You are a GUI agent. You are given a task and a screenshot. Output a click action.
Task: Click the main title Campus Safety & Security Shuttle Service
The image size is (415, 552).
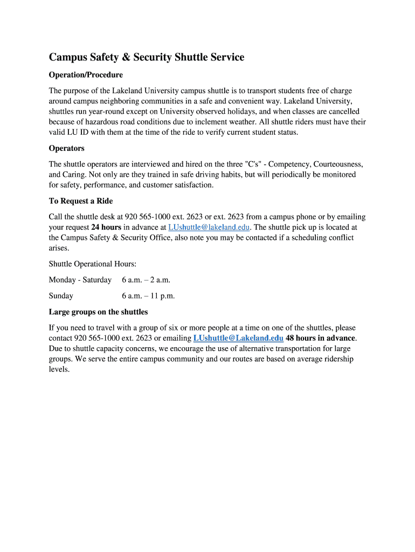tap(147, 57)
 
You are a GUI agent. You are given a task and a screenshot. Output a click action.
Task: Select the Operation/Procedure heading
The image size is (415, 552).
tap(86, 75)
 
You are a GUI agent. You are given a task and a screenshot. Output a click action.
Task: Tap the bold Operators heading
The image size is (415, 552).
tap(67, 148)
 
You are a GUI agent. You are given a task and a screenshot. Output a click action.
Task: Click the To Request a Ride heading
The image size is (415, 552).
tap(81, 201)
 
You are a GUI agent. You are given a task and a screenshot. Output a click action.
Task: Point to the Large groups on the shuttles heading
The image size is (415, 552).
tap(98, 312)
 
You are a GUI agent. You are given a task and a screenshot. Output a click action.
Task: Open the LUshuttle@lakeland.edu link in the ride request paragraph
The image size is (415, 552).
tap(209, 227)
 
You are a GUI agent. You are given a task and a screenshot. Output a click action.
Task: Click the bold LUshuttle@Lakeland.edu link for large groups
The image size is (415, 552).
tap(238, 338)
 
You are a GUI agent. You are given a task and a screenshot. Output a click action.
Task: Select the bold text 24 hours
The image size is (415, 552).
tap(106, 227)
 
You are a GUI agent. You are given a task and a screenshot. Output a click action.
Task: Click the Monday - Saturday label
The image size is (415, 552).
tap(80, 280)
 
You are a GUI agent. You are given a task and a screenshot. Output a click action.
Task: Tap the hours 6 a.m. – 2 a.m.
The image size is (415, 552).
tap(146, 280)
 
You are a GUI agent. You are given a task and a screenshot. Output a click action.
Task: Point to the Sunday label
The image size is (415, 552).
tap(61, 296)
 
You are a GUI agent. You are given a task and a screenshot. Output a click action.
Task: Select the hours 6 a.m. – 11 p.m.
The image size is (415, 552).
tap(148, 296)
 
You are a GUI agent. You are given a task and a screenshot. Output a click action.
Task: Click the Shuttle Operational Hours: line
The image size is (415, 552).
tap(93, 264)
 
